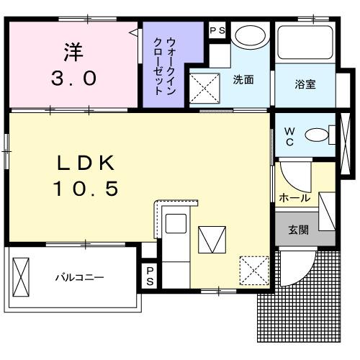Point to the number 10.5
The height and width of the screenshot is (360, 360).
86,189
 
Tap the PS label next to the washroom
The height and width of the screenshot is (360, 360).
217,31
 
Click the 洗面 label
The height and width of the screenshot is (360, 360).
243,81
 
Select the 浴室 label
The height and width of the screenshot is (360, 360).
305,83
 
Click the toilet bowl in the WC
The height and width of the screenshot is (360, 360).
317,135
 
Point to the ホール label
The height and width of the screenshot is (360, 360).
294,197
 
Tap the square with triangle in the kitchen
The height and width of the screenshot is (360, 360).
212,239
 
